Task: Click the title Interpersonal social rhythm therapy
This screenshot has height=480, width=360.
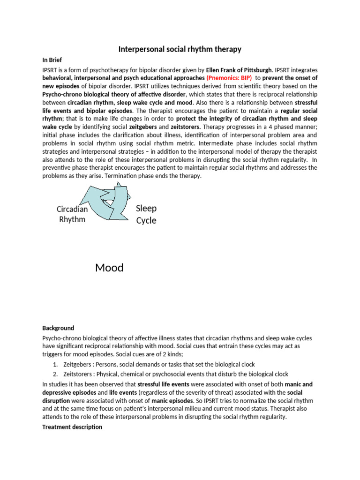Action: pyautogui.click(x=180, y=49)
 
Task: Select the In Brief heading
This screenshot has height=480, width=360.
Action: pyautogui.click(x=52, y=60)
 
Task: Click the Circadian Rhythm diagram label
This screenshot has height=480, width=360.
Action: pyautogui.click(x=72, y=214)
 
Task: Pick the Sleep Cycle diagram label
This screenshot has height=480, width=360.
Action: pyautogui.click(x=146, y=214)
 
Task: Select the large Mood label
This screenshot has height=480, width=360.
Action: pyautogui.click(x=109, y=268)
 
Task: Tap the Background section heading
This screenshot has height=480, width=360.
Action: pyautogui.click(x=58, y=328)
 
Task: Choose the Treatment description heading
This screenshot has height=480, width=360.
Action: pyautogui.click(x=72, y=427)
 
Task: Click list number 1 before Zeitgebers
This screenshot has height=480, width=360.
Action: pyautogui.click(x=55, y=365)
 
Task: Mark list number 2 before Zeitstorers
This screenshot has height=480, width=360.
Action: pyautogui.click(x=55, y=374)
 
